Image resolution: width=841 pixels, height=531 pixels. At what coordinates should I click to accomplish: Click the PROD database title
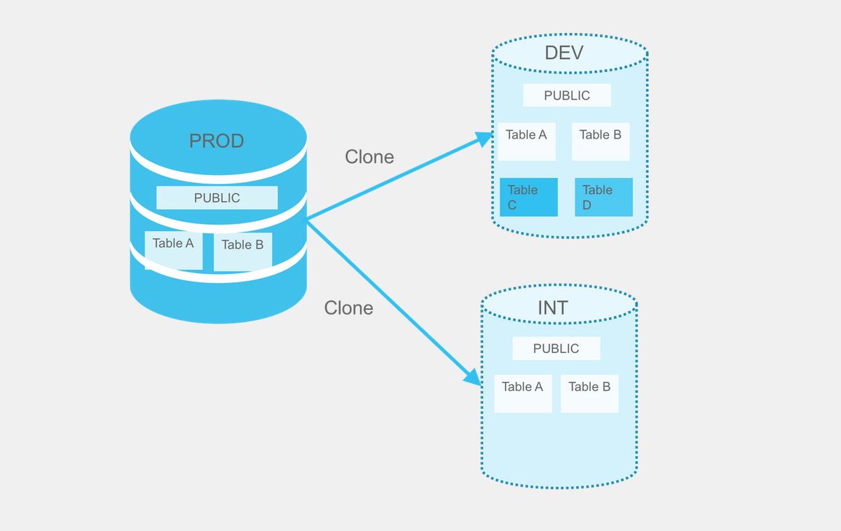(x=217, y=141)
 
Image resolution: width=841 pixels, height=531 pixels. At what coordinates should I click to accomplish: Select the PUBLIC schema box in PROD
(x=217, y=198)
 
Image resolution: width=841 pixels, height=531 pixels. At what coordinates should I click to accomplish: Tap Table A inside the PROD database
(x=173, y=249)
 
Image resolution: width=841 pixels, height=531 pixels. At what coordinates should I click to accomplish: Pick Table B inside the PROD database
(x=242, y=251)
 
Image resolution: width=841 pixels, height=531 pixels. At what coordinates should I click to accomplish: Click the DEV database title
(x=563, y=53)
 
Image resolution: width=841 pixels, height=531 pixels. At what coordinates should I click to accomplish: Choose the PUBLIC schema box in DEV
(x=567, y=95)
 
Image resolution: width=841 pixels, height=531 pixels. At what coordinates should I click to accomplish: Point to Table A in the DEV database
(x=526, y=141)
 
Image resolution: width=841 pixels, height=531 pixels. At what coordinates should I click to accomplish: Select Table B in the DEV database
(x=601, y=141)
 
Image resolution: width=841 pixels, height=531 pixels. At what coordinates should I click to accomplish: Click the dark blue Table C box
(x=528, y=197)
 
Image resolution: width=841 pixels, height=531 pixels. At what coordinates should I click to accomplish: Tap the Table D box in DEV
(x=603, y=197)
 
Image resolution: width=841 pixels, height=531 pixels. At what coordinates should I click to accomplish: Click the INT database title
(x=553, y=307)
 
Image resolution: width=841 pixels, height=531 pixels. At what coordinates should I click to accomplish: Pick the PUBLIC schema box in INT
(x=556, y=348)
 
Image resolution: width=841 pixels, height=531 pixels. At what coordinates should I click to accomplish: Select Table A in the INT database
(x=523, y=393)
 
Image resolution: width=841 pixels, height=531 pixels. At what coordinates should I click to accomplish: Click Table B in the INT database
(x=589, y=393)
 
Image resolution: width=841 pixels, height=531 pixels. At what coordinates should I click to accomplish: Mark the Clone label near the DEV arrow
(x=369, y=157)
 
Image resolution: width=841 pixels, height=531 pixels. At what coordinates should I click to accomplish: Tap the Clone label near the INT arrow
(x=348, y=308)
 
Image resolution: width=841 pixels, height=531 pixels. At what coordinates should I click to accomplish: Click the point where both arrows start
(x=307, y=219)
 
